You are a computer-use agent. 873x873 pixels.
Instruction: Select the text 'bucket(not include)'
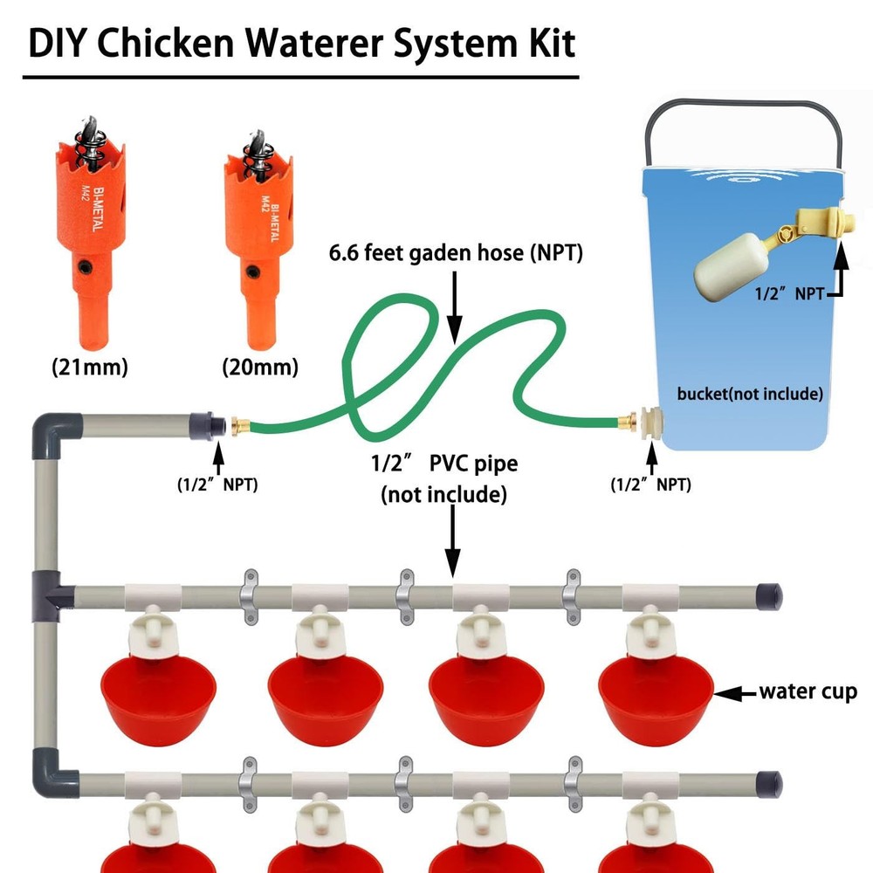[750, 394]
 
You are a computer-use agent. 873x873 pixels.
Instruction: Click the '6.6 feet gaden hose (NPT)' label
[456, 253]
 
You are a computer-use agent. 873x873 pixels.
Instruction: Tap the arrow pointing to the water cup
[735, 694]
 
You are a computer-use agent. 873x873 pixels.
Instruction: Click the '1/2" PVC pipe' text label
[443, 464]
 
